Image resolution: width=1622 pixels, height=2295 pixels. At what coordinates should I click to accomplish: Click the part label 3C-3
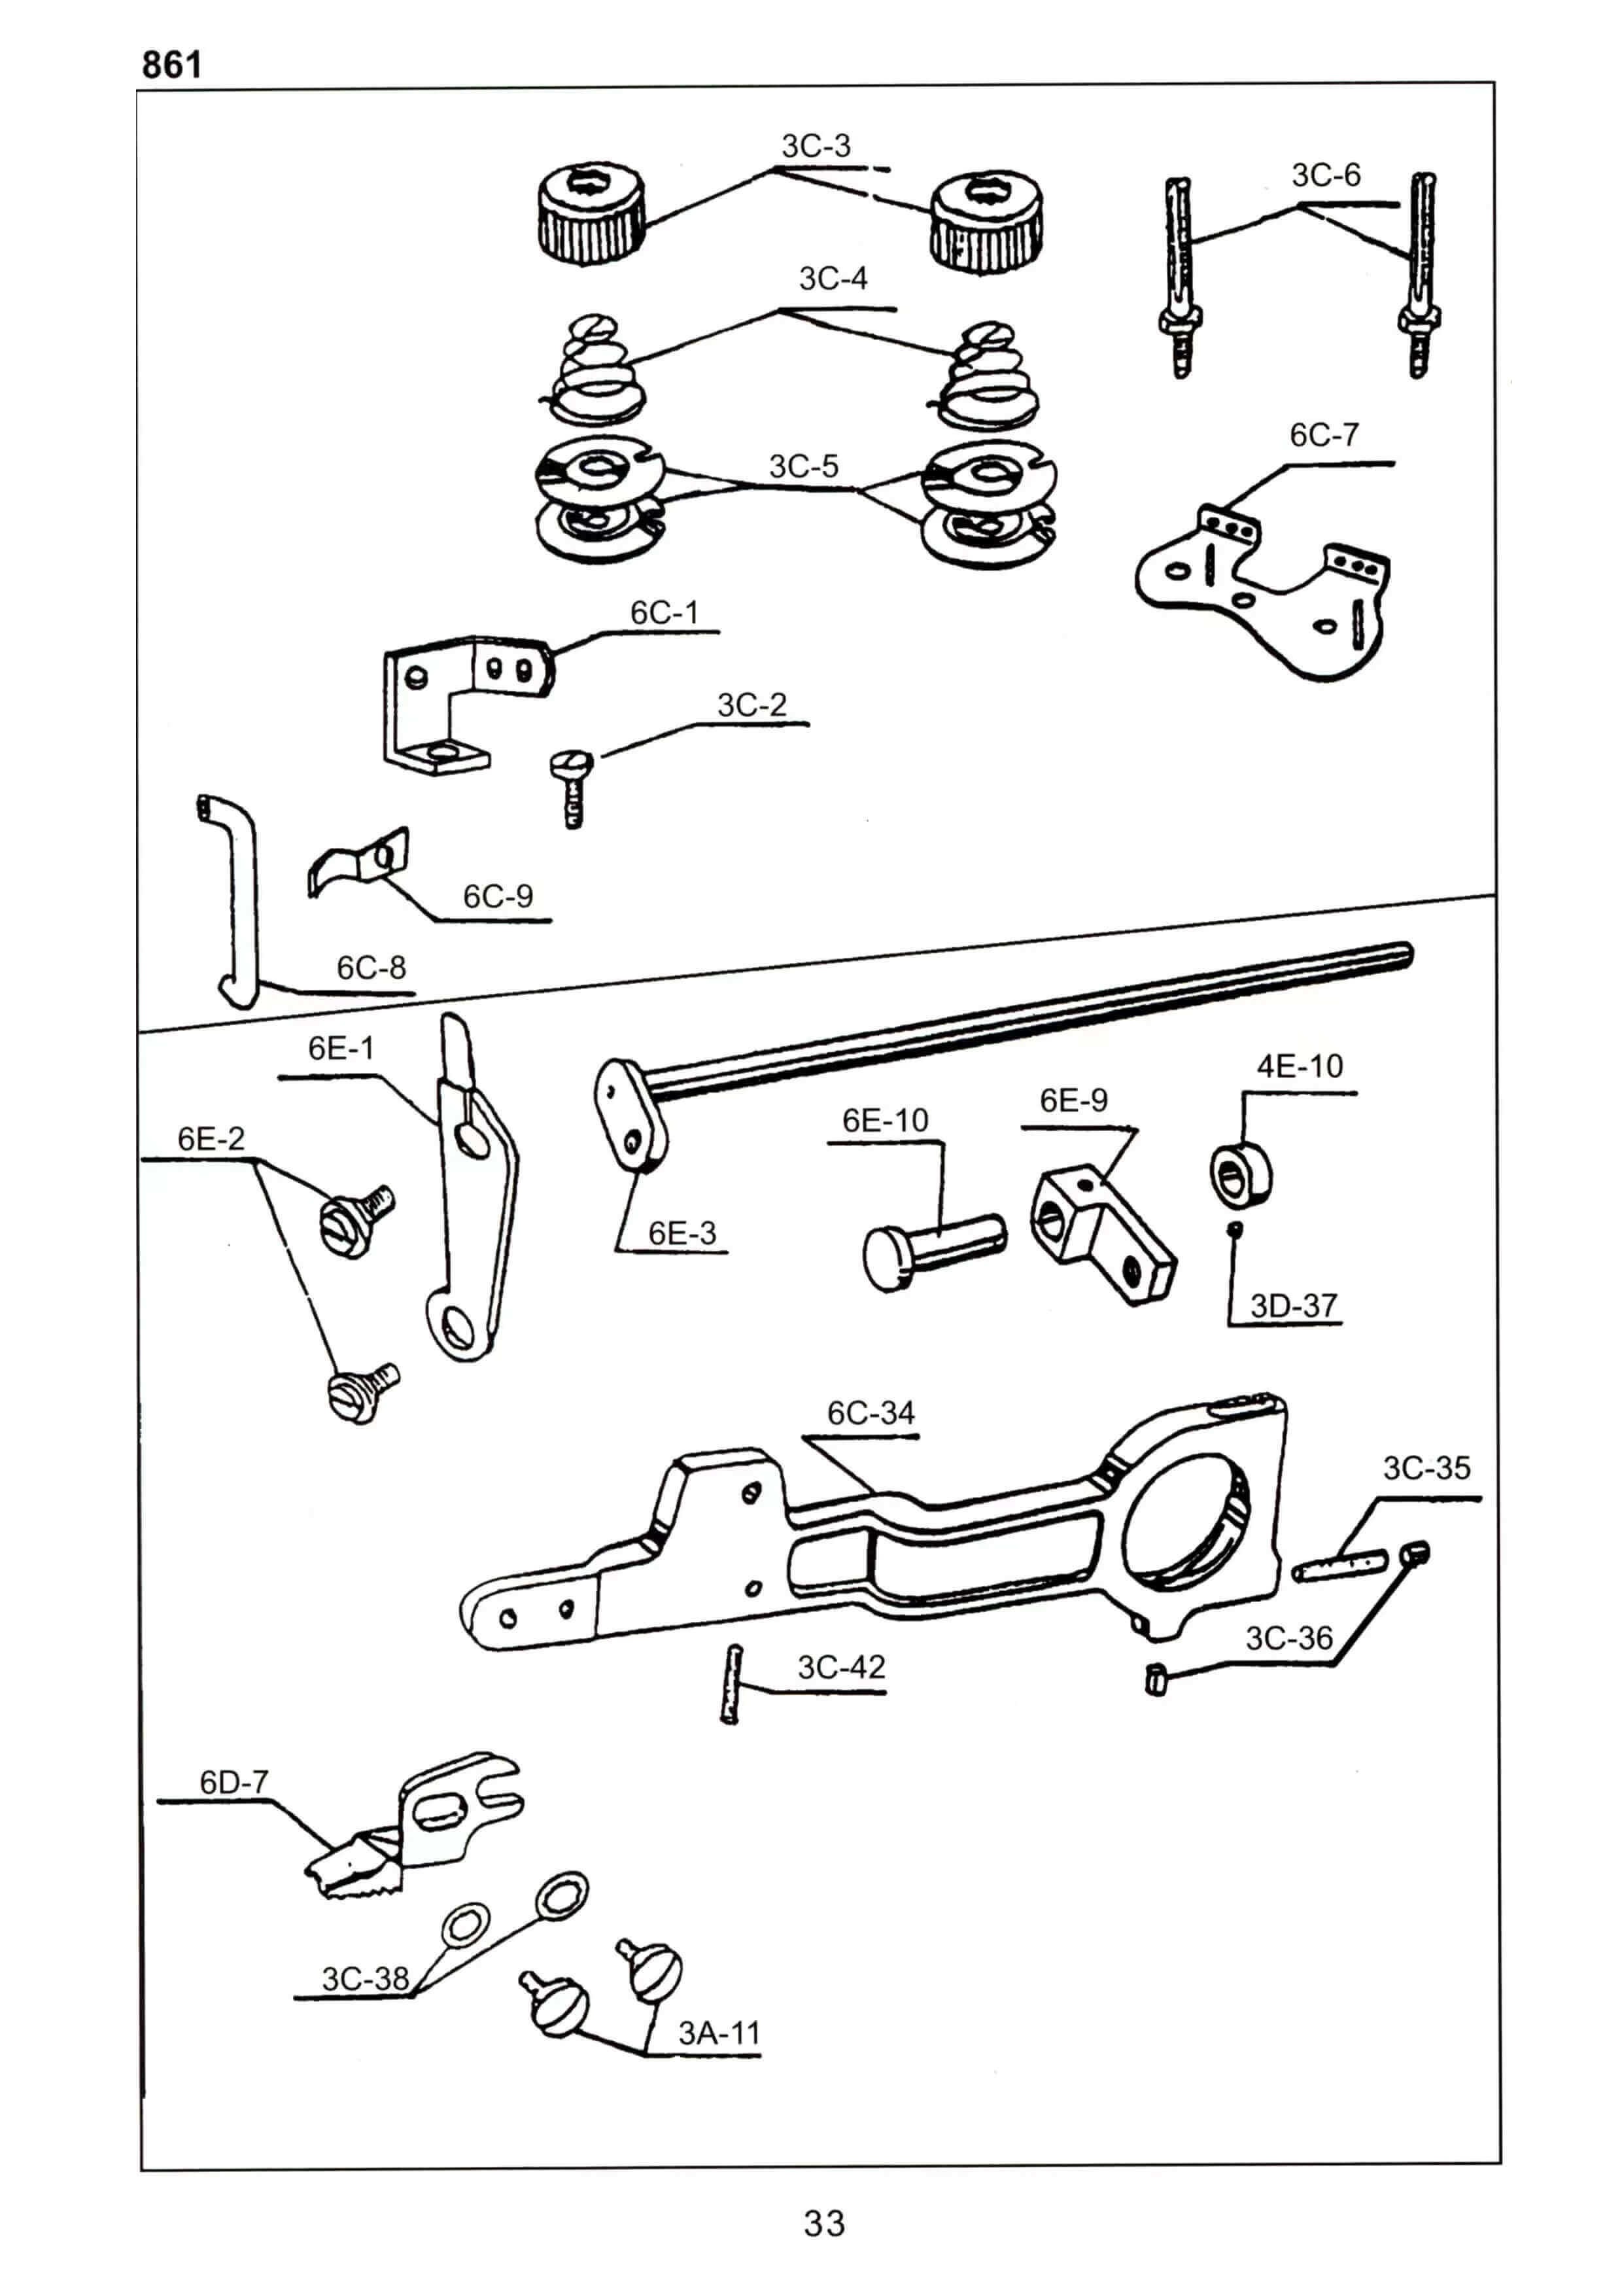(816, 146)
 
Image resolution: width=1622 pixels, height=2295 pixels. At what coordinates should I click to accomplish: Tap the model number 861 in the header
(172, 65)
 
